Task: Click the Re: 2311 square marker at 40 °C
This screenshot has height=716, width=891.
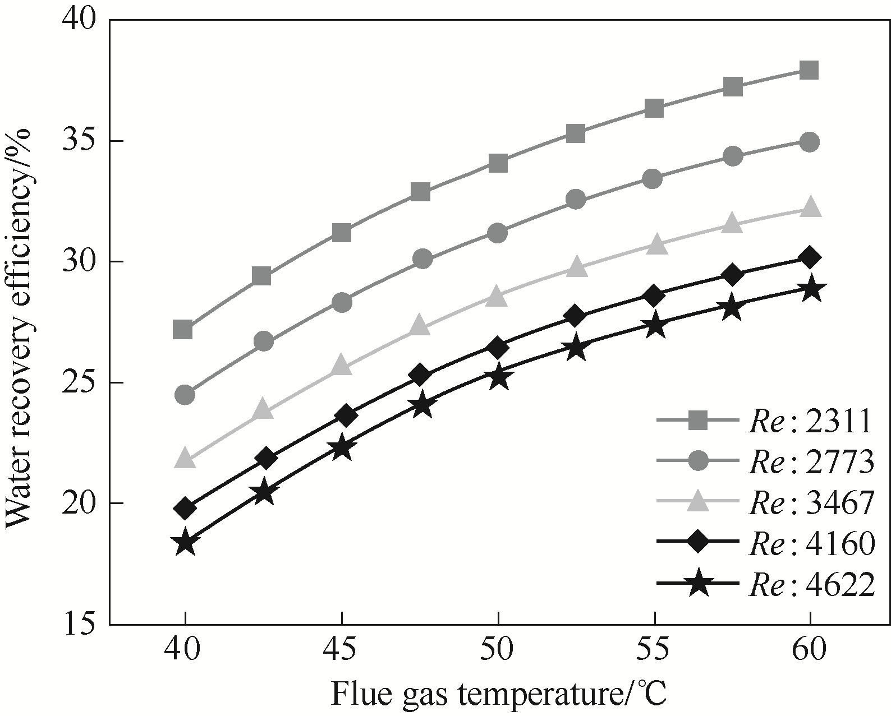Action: [183, 330]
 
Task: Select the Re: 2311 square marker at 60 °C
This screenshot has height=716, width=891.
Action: [809, 70]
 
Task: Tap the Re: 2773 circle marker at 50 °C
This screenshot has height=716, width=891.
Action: [497, 233]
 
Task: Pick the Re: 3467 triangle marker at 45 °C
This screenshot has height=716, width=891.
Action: [341, 366]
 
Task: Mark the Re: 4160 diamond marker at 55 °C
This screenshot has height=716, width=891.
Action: [653, 295]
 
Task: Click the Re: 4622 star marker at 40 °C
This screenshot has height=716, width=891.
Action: [185, 543]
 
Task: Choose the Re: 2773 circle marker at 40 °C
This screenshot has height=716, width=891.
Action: [185, 395]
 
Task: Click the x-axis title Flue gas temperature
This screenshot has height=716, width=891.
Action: [498, 694]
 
